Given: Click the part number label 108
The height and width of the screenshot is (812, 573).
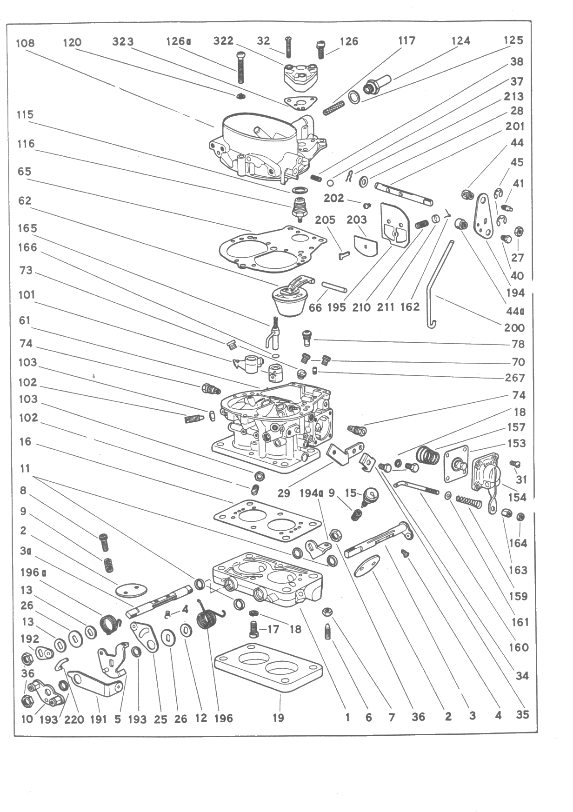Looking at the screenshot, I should click(x=25, y=44).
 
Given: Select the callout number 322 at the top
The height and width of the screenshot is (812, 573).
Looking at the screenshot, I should click(x=223, y=41).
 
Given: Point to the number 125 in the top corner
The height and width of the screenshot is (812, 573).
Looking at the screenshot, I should click(x=513, y=40).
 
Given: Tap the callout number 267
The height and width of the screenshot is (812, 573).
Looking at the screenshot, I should click(x=515, y=378).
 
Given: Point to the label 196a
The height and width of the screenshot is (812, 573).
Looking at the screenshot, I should click(x=33, y=572).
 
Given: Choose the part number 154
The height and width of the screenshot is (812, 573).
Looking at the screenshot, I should click(x=517, y=498).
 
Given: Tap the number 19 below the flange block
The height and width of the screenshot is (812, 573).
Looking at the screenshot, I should click(x=278, y=718).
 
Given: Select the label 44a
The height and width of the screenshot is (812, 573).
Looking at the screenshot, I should click(x=515, y=311).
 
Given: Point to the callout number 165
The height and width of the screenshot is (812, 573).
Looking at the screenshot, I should click(x=27, y=228).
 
